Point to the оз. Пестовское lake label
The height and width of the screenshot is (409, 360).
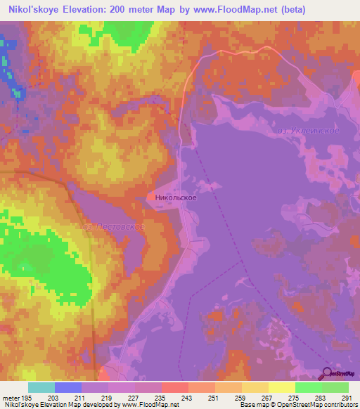[112, 226]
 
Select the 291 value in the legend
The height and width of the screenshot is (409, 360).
[346, 398]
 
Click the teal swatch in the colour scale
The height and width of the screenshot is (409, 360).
[41, 387]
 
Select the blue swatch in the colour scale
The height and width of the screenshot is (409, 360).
[68, 387]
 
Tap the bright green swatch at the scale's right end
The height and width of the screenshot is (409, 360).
[335, 387]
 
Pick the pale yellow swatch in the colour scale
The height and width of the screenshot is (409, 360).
[281, 387]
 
